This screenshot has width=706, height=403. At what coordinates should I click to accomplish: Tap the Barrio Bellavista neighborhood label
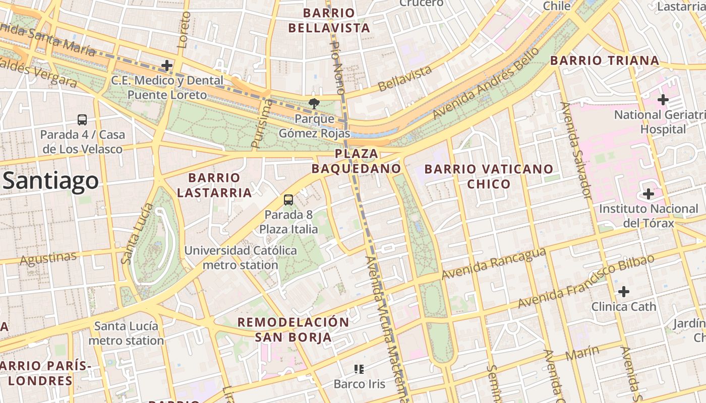click(329, 20)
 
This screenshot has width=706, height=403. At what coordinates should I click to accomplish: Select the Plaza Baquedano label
click(356, 161)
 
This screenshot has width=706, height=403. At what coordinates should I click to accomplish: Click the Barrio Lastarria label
click(214, 185)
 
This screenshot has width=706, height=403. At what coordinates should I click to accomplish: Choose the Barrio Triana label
click(605, 61)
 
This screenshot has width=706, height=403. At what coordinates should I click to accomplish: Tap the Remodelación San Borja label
click(293, 329)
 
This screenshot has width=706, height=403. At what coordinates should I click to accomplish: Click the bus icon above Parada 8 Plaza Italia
click(288, 200)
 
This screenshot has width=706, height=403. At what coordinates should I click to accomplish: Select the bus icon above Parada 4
click(82, 120)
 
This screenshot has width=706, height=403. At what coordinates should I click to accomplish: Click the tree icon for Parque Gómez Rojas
click(314, 104)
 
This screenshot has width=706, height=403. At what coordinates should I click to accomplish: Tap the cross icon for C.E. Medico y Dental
click(166, 65)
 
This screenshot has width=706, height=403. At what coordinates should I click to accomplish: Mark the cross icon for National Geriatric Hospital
click(663, 100)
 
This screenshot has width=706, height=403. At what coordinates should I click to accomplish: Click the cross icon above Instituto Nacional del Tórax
click(649, 194)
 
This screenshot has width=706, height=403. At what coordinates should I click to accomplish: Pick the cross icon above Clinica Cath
click(624, 291)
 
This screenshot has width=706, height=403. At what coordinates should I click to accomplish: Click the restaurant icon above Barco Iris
click(359, 369)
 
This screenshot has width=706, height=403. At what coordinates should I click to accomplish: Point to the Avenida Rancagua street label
click(494, 263)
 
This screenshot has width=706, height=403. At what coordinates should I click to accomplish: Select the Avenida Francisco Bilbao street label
click(586, 281)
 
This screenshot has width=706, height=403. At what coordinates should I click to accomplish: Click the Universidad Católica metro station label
click(241, 257)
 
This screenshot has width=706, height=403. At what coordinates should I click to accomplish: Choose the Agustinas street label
click(48, 258)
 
